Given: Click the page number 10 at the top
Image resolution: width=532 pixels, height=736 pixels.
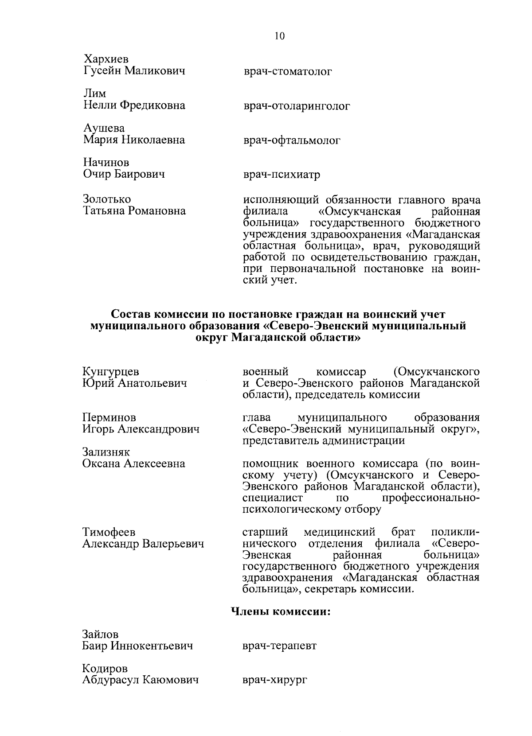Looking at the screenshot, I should (280, 36).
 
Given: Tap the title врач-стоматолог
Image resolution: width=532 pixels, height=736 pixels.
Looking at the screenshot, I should (287, 71).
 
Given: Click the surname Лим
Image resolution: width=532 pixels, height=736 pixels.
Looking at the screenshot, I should (95, 93).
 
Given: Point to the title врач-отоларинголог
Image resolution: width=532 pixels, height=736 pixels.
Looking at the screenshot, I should (297, 106).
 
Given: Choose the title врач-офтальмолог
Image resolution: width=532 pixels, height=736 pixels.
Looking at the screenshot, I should (292, 140).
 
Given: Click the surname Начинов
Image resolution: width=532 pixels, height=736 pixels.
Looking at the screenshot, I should (106, 163).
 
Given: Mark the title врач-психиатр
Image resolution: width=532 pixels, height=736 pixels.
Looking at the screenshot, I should (282, 175).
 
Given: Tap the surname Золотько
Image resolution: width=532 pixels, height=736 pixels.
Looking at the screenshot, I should (107, 199).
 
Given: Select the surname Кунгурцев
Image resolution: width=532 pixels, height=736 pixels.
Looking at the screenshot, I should (111, 371).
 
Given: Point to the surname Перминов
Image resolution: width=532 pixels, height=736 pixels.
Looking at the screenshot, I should (110, 417).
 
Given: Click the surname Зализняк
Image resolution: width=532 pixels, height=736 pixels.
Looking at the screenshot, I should (106, 452).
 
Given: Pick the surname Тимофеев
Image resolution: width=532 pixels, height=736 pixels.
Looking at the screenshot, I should (109, 532).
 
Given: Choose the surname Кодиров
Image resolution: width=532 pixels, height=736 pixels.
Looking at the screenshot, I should (105, 668).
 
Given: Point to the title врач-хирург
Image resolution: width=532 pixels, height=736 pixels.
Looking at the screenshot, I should (275, 680).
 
